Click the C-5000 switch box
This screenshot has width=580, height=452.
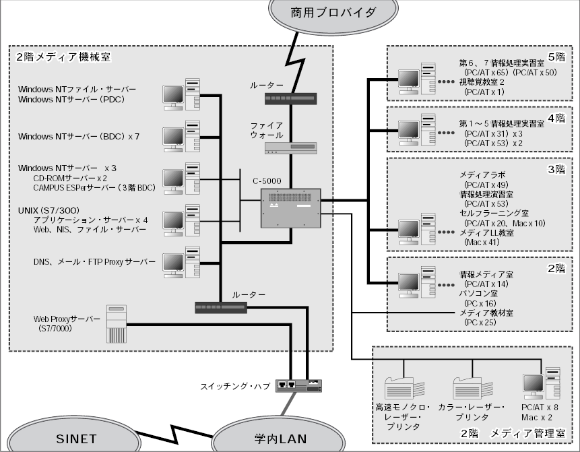[290, 207]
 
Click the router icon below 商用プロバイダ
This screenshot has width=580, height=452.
[290, 98]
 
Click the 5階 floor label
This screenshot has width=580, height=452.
[557, 56]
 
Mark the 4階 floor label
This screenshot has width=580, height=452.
[557, 118]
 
